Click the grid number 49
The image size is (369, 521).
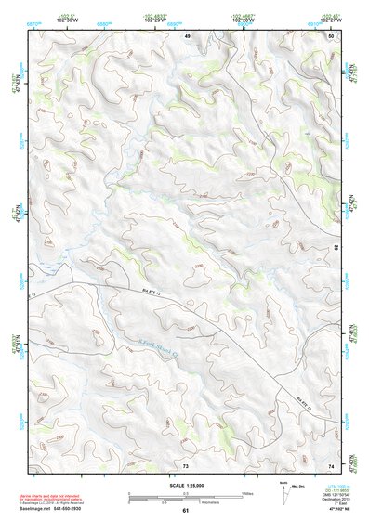point(187,35)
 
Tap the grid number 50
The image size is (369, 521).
point(331,35)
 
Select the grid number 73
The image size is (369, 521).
point(185,464)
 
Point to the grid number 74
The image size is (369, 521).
point(331,464)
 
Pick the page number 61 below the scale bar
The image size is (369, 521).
point(185,511)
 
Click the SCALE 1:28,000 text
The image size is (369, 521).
point(185,486)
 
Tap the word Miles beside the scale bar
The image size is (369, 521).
point(247,493)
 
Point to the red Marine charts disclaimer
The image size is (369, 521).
point(55,497)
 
